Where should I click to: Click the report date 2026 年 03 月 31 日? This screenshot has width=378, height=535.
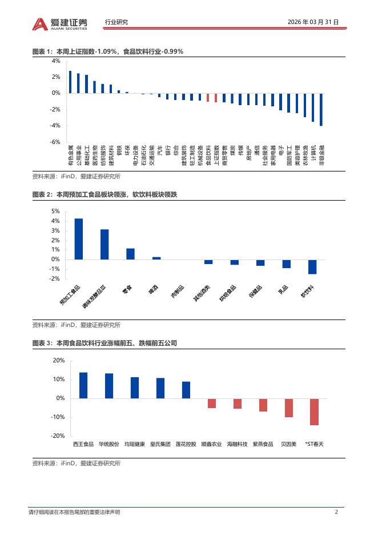(313, 22)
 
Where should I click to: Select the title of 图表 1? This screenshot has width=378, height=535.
(108, 51)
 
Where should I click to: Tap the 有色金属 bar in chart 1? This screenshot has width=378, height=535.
(70, 82)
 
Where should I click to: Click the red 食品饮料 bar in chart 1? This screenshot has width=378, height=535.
(208, 97)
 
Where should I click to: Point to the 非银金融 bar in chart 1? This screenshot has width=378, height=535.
(321, 109)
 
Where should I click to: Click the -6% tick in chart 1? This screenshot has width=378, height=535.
(56, 142)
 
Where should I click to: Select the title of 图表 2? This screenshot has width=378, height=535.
(105, 195)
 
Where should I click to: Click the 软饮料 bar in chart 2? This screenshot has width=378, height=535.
(312, 266)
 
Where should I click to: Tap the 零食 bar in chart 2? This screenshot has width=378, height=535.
(130, 254)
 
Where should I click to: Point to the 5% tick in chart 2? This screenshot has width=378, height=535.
(56, 211)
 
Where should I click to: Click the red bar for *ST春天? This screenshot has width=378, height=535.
(314, 412)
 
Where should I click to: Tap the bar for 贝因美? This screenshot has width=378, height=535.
(289, 408)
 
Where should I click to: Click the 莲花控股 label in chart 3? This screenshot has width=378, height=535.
(186, 444)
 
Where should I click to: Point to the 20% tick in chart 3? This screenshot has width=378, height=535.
(59, 361)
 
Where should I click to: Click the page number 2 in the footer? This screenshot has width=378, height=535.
(337, 512)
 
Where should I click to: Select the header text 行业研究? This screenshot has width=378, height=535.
(116, 22)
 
